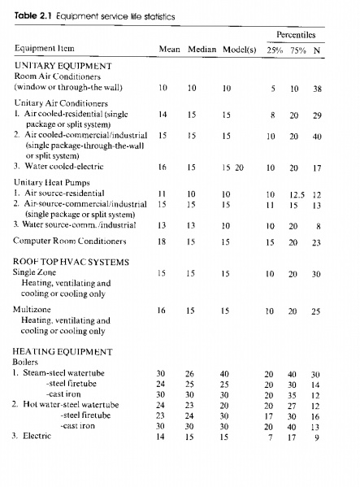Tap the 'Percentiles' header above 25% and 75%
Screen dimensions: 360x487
click(296, 34)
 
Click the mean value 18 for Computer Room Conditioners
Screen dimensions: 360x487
click(163, 241)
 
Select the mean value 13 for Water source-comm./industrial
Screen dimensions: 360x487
click(163, 224)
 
